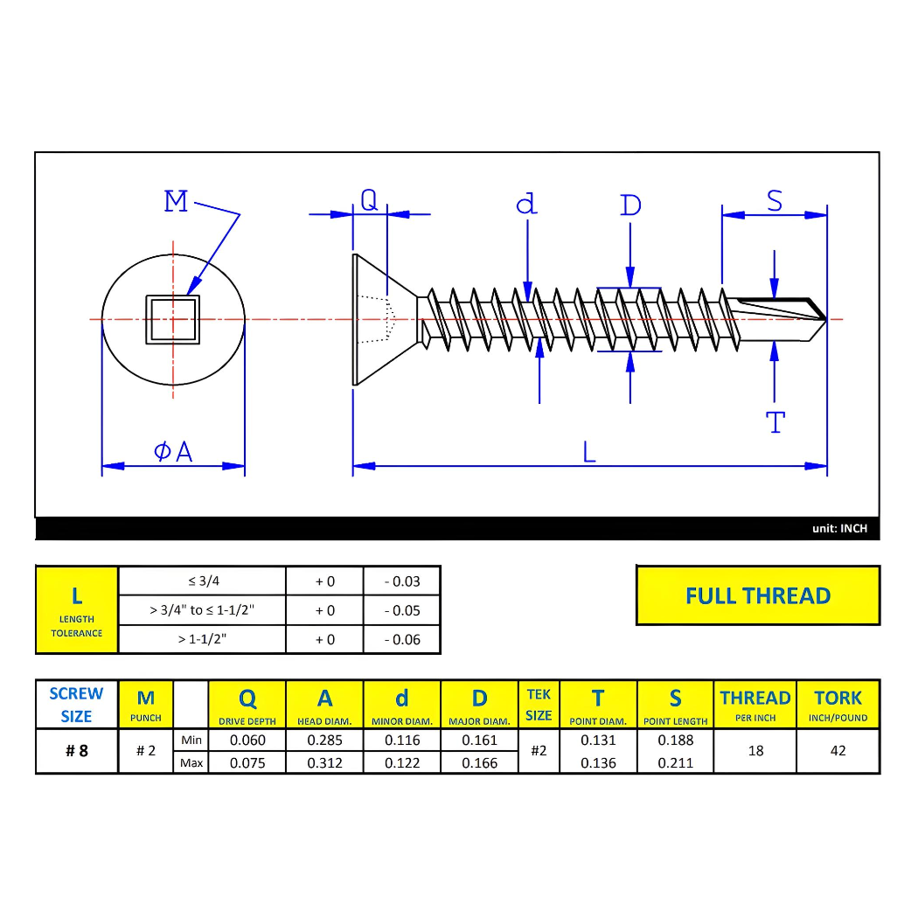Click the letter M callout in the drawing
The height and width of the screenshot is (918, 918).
pyautogui.click(x=176, y=202)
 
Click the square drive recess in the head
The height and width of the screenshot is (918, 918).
pyautogui.click(x=172, y=319)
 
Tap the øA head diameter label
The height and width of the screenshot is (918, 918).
pyautogui.click(x=173, y=451)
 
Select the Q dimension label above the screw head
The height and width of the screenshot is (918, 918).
pyautogui.click(x=369, y=201)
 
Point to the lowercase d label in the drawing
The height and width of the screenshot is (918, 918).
pyautogui.click(x=526, y=205)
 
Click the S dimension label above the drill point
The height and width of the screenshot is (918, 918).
pyautogui.click(x=775, y=201)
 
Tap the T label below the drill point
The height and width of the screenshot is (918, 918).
pyautogui.click(x=775, y=423)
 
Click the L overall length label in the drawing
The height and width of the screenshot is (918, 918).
pyautogui.click(x=589, y=451)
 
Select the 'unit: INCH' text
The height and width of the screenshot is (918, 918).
pyautogui.click(x=839, y=528)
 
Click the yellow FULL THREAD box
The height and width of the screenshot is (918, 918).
pyautogui.click(x=757, y=595)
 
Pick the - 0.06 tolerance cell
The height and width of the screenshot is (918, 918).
pyautogui.click(x=401, y=639)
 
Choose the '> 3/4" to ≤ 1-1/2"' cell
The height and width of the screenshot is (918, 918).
pyautogui.click(x=202, y=610)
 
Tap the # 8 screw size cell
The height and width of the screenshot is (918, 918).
pyautogui.click(x=77, y=751)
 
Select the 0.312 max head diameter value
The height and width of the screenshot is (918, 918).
pyautogui.click(x=324, y=762)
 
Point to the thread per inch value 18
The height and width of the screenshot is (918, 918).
pyautogui.click(x=755, y=751)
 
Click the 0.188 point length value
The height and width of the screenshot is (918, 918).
pyautogui.click(x=675, y=740)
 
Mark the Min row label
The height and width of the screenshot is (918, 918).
pyautogui.click(x=191, y=741)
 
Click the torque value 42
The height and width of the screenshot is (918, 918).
pyautogui.click(x=838, y=751)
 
